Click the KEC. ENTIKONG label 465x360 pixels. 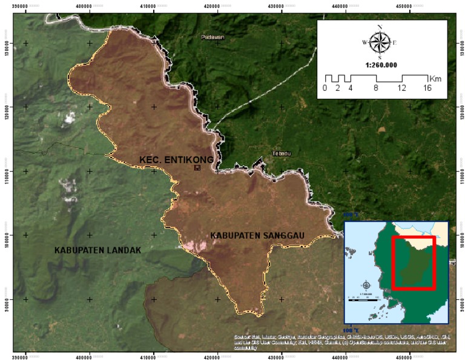(x=176, y=159)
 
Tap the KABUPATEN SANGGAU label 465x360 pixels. (x=257, y=235)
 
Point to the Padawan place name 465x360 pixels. (x=213, y=38)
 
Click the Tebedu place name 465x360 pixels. (x=282, y=153)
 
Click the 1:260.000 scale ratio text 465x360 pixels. (x=381, y=64)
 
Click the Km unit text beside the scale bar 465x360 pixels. (x=435, y=79)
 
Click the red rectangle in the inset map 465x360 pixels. (x=414, y=262)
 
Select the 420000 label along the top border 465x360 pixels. (x=217, y=5)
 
